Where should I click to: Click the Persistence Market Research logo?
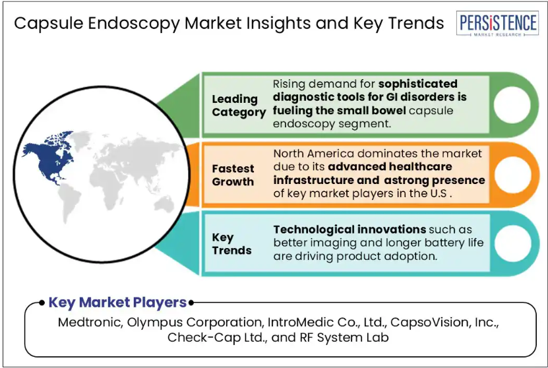(497, 24)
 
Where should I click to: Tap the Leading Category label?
(239, 106)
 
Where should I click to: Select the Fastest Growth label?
(233, 175)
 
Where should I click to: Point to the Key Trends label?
(231, 244)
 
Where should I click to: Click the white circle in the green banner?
(512, 105)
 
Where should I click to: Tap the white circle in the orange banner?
(512, 174)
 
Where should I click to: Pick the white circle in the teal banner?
(512, 243)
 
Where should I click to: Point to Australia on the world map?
(165, 204)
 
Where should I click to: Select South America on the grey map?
(69, 202)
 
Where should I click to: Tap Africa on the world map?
(106, 185)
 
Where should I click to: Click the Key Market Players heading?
(117, 302)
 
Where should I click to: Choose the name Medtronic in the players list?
(90, 322)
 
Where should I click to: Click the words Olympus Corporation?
(195, 322)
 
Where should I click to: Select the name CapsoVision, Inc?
(444, 322)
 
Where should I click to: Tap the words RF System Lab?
(344, 338)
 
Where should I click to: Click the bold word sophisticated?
(417, 84)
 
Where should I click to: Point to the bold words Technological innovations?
(350, 230)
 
